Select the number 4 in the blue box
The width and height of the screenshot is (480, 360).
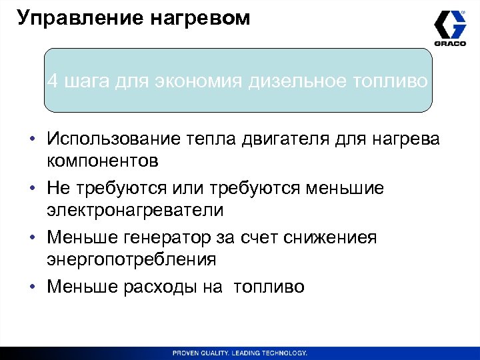(52, 82)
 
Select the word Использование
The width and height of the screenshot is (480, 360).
(113, 139)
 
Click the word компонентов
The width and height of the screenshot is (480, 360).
(103, 161)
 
